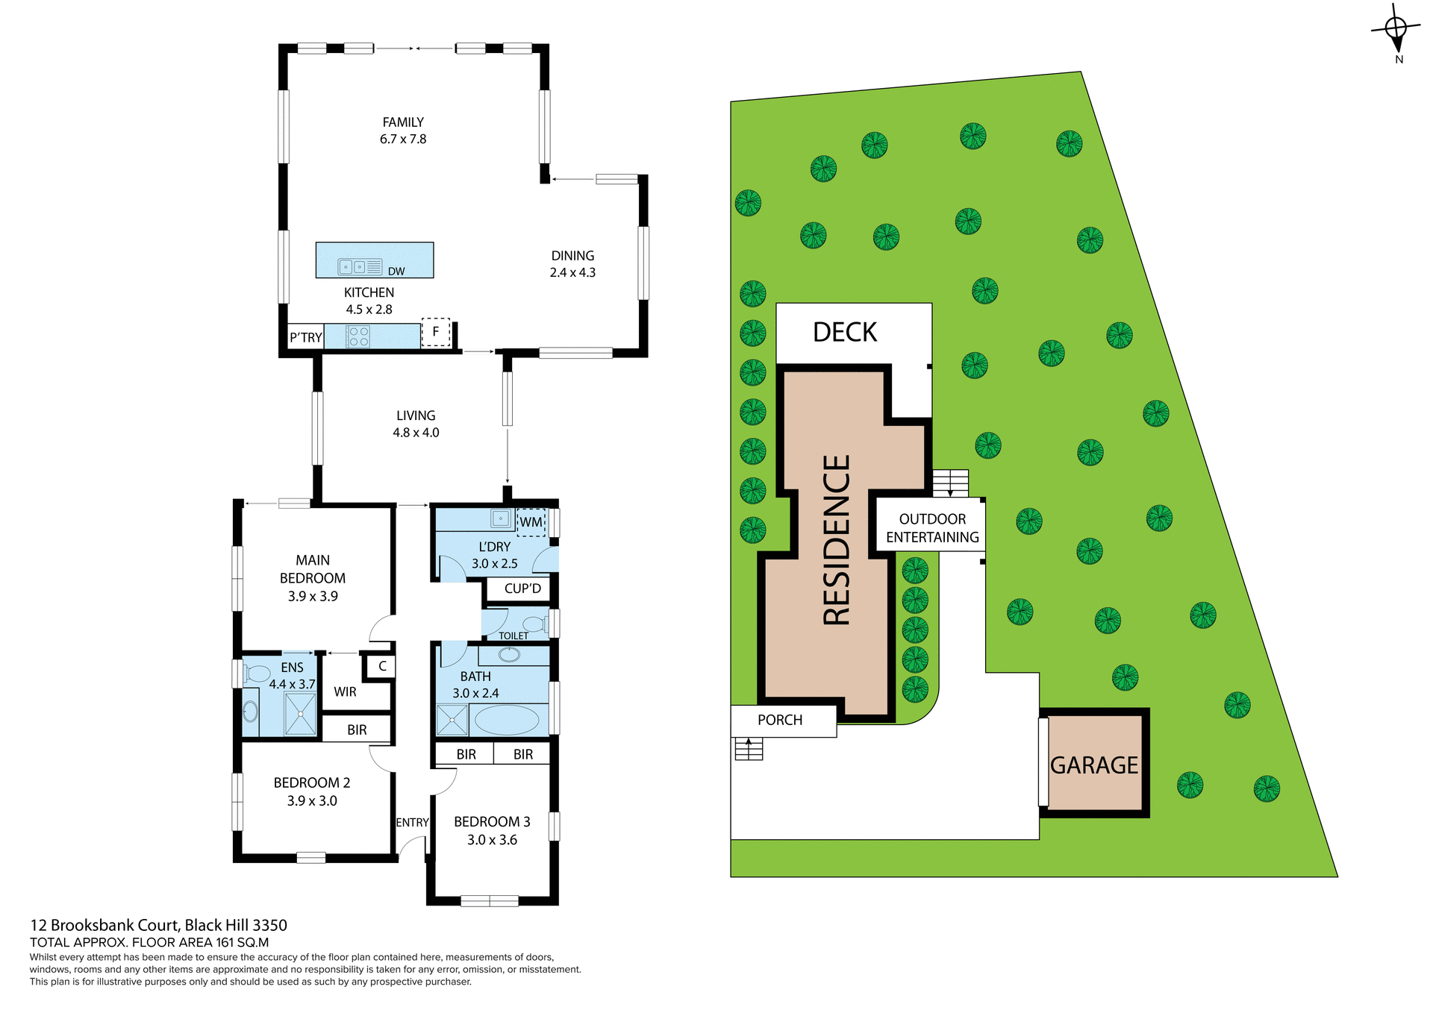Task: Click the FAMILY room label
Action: click(403, 122)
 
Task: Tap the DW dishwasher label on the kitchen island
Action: click(396, 272)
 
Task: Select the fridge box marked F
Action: click(436, 332)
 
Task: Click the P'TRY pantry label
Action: click(306, 338)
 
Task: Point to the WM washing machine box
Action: click(531, 522)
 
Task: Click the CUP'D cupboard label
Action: click(522, 589)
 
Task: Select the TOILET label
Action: click(513, 636)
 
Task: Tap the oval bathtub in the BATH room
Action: click(507, 721)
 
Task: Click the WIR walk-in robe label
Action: click(345, 692)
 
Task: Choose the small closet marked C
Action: click(382, 666)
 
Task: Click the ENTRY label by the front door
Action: click(412, 822)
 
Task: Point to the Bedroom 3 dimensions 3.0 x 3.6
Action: click(492, 840)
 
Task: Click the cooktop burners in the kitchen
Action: click(358, 336)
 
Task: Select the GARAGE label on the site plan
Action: click(1094, 765)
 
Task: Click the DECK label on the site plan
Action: click(845, 333)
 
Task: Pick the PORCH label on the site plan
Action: click(780, 720)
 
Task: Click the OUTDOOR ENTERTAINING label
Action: click(932, 528)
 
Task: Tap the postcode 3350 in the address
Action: click(269, 925)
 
